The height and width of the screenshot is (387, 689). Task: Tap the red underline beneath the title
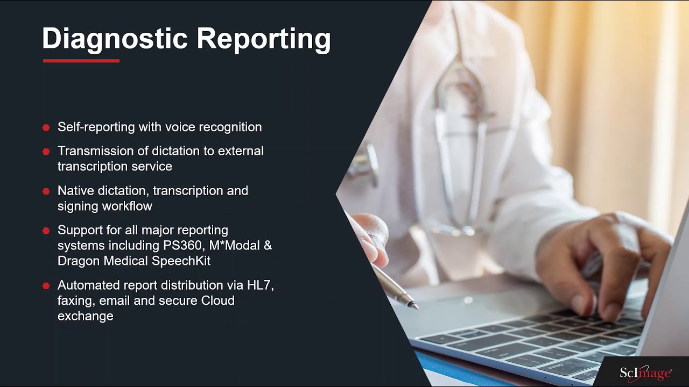click(81, 61)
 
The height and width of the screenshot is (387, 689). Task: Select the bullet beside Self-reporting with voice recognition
click(46, 127)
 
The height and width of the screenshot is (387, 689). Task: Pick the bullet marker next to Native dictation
click(46, 191)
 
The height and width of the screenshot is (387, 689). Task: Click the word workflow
click(126, 206)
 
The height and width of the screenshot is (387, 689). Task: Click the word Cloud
click(217, 300)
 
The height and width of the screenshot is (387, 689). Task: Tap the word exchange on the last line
click(85, 316)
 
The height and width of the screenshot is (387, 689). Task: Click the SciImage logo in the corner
click(645, 372)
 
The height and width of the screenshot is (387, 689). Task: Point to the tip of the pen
click(416, 307)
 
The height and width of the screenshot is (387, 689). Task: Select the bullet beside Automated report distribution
click(46, 286)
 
